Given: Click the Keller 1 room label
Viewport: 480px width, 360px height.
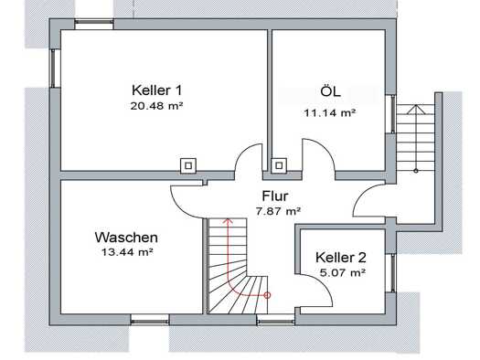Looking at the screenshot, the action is [x=156, y=90].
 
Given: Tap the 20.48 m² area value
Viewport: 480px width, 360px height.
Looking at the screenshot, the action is [x=156, y=106].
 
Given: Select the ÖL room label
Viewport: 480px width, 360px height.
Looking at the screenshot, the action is [x=330, y=90].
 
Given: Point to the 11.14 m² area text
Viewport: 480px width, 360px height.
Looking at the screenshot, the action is [x=330, y=113].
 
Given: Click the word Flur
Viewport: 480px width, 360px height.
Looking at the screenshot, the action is [x=275, y=196].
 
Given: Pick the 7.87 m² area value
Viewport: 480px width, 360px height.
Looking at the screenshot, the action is [x=278, y=211].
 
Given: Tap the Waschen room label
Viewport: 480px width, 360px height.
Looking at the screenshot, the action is [x=126, y=238].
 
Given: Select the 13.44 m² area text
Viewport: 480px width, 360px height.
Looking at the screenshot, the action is [x=127, y=252].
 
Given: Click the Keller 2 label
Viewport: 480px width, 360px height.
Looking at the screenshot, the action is [x=341, y=258].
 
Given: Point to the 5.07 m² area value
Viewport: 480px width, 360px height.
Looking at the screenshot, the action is [x=343, y=272].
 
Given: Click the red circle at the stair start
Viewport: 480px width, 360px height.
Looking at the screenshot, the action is [x=267, y=295].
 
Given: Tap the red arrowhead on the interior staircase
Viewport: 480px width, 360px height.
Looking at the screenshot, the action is [x=228, y=221].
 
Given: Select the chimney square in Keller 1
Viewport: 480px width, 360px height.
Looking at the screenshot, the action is [x=188, y=166].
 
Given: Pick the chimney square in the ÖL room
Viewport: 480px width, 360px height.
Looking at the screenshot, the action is [x=279, y=165].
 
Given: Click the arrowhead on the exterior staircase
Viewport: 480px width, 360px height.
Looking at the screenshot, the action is [x=415, y=110].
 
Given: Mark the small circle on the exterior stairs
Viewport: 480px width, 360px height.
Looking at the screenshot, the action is [x=416, y=171].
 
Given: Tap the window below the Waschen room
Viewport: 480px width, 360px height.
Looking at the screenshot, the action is [x=150, y=321].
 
